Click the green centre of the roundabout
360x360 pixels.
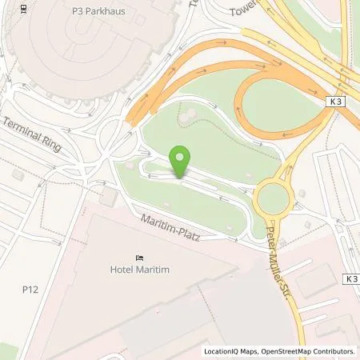click(273, 197)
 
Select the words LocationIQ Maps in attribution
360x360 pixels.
click(232, 351)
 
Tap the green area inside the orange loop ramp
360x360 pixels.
click(276, 104)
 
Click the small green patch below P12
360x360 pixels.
click(8, 350)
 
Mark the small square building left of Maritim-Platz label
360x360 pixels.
click(110, 198)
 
